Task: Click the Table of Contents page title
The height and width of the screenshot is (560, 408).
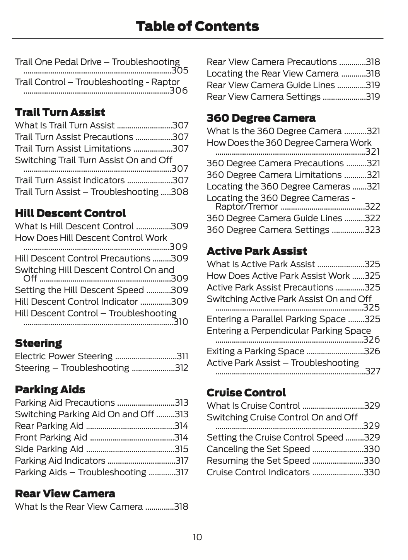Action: pyautogui.click(x=197, y=26)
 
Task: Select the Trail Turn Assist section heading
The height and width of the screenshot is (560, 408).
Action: pyautogui.click(x=60, y=113)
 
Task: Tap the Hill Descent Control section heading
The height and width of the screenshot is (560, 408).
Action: pyautogui.click(x=70, y=213)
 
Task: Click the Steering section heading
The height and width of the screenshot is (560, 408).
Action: pyautogui.click(x=38, y=343)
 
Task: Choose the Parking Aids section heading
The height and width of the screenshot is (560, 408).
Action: pyautogui.click(x=50, y=390)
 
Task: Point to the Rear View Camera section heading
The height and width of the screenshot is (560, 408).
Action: pyautogui.click(x=65, y=494)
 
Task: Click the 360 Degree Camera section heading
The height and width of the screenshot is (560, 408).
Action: pyautogui.click(x=261, y=118)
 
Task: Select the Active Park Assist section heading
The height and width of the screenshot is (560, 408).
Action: pyautogui.click(x=257, y=251)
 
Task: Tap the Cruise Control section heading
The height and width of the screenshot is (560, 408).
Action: pyautogui.click(x=246, y=393)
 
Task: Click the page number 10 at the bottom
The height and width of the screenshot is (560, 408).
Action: pyautogui.click(x=197, y=537)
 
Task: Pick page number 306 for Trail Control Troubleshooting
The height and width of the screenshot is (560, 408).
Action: pyautogui.click(x=179, y=91)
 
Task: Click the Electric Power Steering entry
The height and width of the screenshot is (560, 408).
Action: pyautogui.click(x=64, y=356)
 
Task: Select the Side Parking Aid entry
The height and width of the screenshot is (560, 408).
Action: pyautogui.click(x=49, y=449)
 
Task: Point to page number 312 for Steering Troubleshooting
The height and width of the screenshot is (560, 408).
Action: pyautogui.click(x=181, y=368)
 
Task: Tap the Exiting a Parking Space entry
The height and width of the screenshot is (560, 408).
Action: pyautogui.click(x=255, y=351)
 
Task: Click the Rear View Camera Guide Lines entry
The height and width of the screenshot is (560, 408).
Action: pyautogui.click(x=271, y=85)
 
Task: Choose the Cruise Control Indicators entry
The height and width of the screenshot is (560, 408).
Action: pyautogui.click(x=258, y=472)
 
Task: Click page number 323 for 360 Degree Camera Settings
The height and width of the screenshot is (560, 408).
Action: pyautogui.click(x=372, y=230)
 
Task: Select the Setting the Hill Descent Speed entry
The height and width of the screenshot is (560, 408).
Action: pyautogui.click(x=79, y=290)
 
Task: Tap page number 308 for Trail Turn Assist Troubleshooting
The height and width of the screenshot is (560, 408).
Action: pyautogui.click(x=179, y=192)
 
